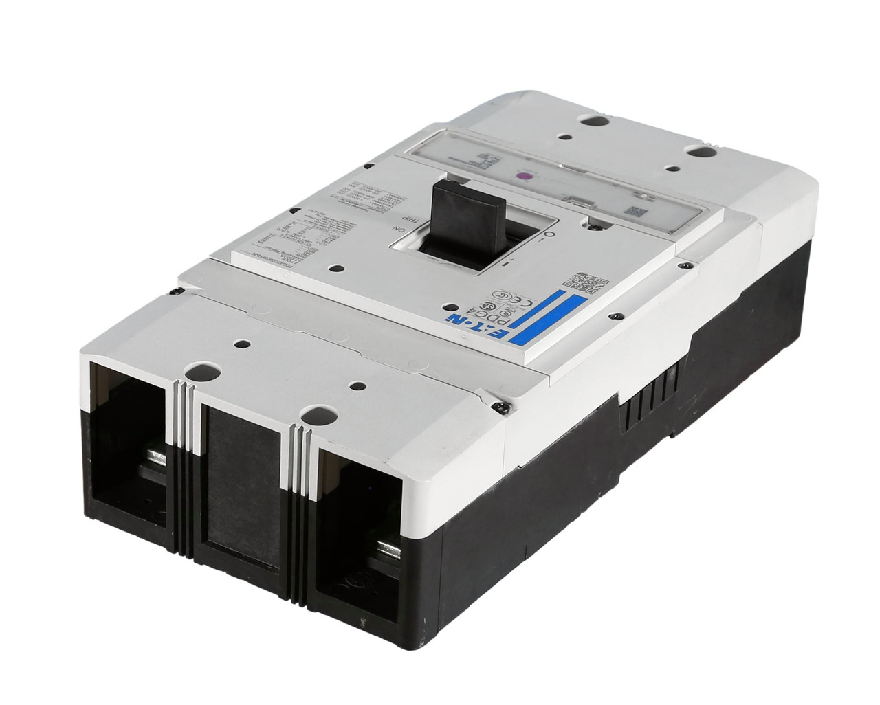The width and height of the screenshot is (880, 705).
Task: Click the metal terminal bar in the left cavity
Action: (155, 462)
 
